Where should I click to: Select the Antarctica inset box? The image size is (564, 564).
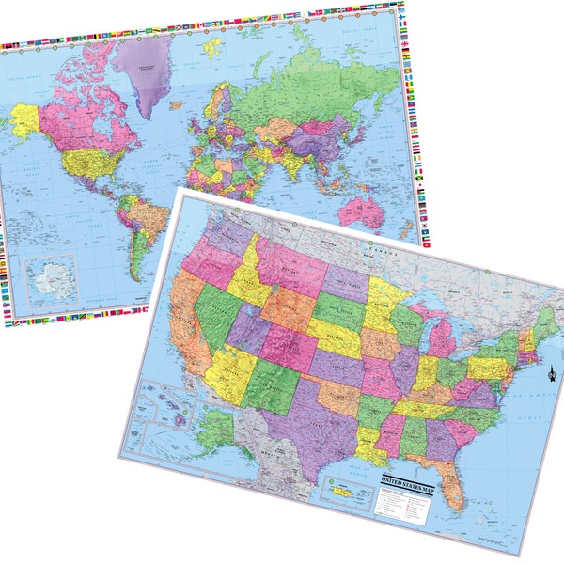pos(52,279)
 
